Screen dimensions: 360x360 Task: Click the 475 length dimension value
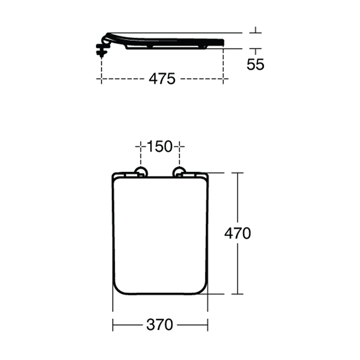click(162, 79)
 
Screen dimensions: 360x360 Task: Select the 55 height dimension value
click(255, 64)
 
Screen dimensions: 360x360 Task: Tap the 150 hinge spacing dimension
click(159, 147)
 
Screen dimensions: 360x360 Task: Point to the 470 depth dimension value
click(237, 233)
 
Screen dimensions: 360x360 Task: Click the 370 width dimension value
click(160, 325)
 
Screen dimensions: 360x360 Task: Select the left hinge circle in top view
click(140, 172)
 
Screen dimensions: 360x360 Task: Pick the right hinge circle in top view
click(179, 172)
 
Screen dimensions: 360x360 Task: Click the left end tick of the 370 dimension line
click(113, 325)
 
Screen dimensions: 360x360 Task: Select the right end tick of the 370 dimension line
click(208, 325)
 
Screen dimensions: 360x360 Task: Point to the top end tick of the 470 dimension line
click(237, 173)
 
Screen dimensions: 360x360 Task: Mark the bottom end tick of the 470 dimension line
click(237, 294)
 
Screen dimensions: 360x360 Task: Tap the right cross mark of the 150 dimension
click(179, 147)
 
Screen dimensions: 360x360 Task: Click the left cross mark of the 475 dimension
click(101, 79)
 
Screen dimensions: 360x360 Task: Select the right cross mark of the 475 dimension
click(223, 79)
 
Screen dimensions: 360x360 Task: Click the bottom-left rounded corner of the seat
click(118, 289)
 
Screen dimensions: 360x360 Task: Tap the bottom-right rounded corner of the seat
click(202, 289)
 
